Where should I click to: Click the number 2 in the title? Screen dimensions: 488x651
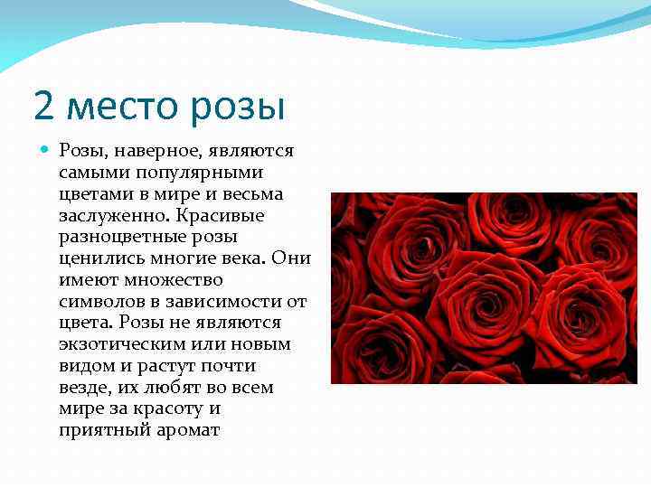[x=43, y=106]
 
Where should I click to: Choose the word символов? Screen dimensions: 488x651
[x=99, y=302]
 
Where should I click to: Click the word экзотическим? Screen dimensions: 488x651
[x=117, y=345]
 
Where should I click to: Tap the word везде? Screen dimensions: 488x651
[x=81, y=389]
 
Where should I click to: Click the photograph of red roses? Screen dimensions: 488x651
[x=484, y=287]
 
